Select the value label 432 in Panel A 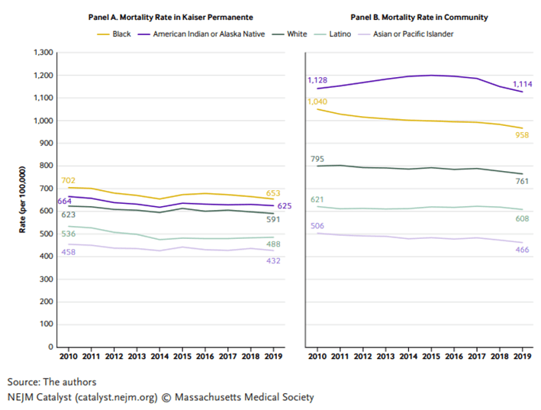(x=273, y=260)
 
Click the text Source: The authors (x=52, y=381)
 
